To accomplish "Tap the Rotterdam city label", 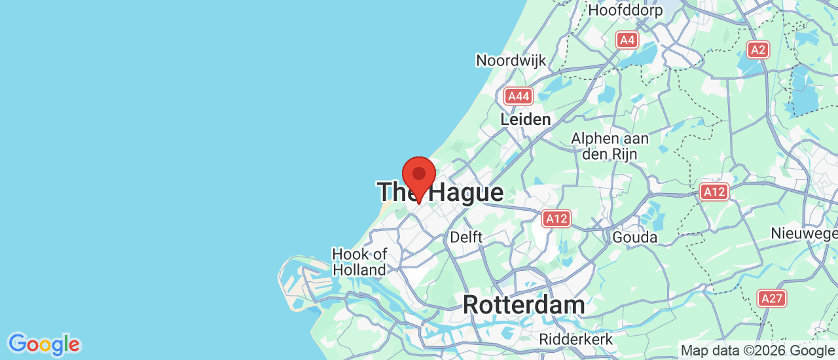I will click(x=524, y=305).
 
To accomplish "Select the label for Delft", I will click(x=466, y=237).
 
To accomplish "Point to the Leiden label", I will click(x=525, y=120).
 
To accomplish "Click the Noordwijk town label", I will click(x=511, y=61).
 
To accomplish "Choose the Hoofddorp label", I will click(x=625, y=10).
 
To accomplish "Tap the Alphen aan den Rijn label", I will click(x=610, y=147).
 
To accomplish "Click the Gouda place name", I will click(x=634, y=237).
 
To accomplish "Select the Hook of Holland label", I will click(x=359, y=262).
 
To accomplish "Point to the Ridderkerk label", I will click(x=576, y=340).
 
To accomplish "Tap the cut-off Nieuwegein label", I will click(x=804, y=234).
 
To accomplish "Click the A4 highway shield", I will click(x=627, y=41).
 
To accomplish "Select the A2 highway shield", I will click(x=758, y=49).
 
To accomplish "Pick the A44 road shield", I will click(x=519, y=97).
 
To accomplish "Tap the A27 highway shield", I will click(x=772, y=298).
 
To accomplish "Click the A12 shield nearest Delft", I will click(x=556, y=218).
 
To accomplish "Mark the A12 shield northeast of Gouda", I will click(x=714, y=192).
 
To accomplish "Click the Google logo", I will click(x=44, y=344).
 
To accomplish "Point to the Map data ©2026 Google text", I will click(x=758, y=351).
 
